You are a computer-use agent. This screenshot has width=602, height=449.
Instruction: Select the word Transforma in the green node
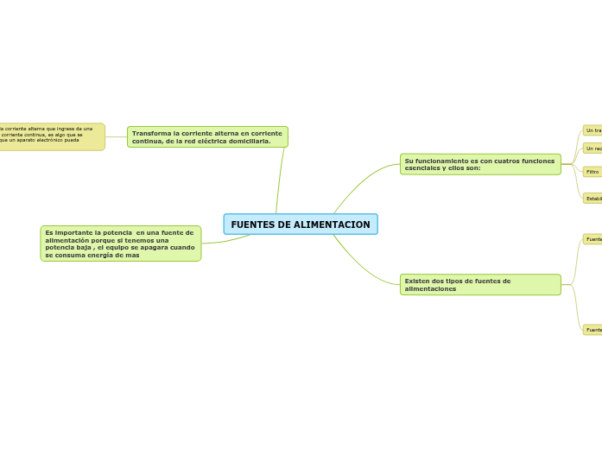click(151, 133)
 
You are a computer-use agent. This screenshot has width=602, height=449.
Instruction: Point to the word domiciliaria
click(246, 141)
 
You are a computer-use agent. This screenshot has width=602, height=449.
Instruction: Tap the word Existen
click(418, 281)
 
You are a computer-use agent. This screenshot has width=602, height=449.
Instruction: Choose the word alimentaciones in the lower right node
click(430, 288)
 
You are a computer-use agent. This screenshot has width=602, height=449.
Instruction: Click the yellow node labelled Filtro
click(592, 172)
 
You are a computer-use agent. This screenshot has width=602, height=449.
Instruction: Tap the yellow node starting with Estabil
click(593, 199)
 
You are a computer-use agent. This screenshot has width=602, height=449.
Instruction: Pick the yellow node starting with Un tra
click(592, 130)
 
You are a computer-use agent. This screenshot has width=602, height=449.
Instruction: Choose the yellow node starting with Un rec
click(592, 149)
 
